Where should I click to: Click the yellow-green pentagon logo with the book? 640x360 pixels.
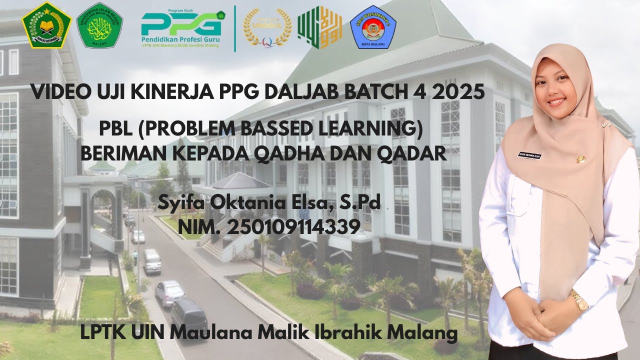(46, 25)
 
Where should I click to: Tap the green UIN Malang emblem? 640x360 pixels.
(99, 25)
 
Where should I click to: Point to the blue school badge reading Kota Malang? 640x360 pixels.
(373, 27)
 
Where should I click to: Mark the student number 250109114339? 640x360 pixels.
(293, 227)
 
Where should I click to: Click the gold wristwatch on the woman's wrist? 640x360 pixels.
(579, 301)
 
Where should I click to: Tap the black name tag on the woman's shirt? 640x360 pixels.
(530, 156)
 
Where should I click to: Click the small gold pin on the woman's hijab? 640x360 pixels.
(581, 159)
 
